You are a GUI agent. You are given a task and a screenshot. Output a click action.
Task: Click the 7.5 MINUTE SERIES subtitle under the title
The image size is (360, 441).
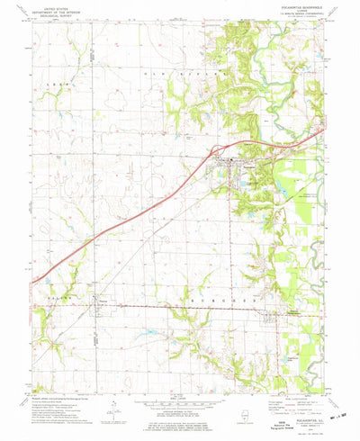pos(296,21)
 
